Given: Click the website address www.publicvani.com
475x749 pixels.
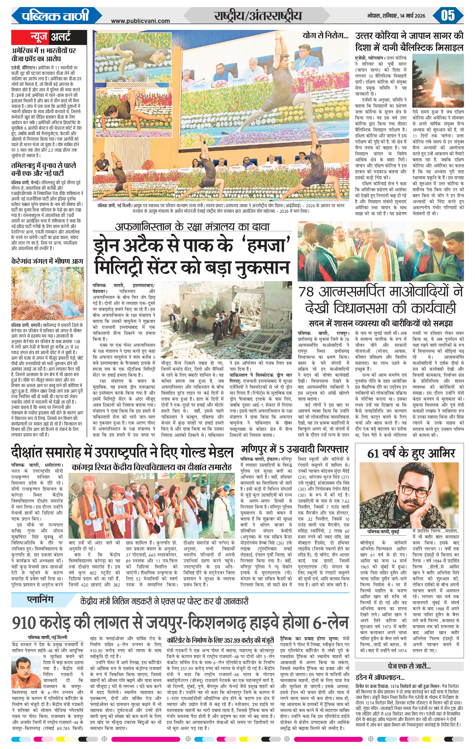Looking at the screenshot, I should (x=140, y=21).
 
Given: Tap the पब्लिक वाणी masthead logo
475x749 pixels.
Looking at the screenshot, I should (x=55, y=16).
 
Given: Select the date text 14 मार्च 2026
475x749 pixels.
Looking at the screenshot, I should (x=418, y=16).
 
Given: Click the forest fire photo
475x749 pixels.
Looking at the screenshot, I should (x=47, y=294).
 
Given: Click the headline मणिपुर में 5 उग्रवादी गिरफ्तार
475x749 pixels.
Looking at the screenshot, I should (x=294, y=449).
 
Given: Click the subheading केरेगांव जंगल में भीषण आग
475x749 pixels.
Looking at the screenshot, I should (x=47, y=261).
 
